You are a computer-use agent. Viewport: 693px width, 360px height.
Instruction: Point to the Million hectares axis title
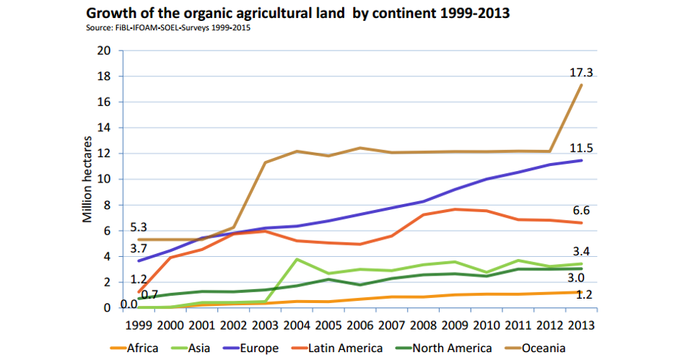pos(87,178)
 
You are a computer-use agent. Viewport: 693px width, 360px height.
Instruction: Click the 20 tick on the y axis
pos(105,51)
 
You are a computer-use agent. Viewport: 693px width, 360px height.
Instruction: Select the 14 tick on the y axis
pos(105,128)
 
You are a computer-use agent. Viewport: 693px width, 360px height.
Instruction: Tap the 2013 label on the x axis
pos(583,325)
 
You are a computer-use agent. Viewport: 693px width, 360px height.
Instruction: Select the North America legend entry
pos(441,348)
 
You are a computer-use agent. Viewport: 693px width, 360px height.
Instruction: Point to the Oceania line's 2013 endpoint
pos(582,85)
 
